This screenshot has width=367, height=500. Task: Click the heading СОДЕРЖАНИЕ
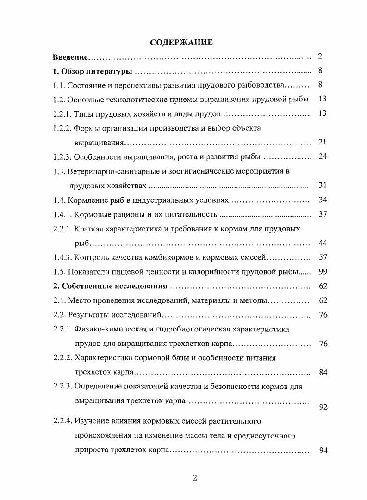(x=181, y=43)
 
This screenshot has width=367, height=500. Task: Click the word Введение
(x=69, y=57)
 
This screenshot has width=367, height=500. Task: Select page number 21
(x=323, y=142)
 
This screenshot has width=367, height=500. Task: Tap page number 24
(x=323, y=156)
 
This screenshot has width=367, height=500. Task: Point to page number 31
(x=323, y=186)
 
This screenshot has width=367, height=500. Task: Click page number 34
(x=323, y=200)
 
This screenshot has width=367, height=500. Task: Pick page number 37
(x=323, y=214)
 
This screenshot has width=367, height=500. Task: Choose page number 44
(x=323, y=243)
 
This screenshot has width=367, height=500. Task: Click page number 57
(x=323, y=257)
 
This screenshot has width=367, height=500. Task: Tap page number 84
(x=323, y=372)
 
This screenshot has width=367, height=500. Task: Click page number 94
(x=323, y=450)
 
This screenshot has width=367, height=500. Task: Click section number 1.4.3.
(x=61, y=258)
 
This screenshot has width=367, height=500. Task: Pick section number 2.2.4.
(x=61, y=421)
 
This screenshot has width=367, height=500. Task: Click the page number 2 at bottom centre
(x=194, y=478)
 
